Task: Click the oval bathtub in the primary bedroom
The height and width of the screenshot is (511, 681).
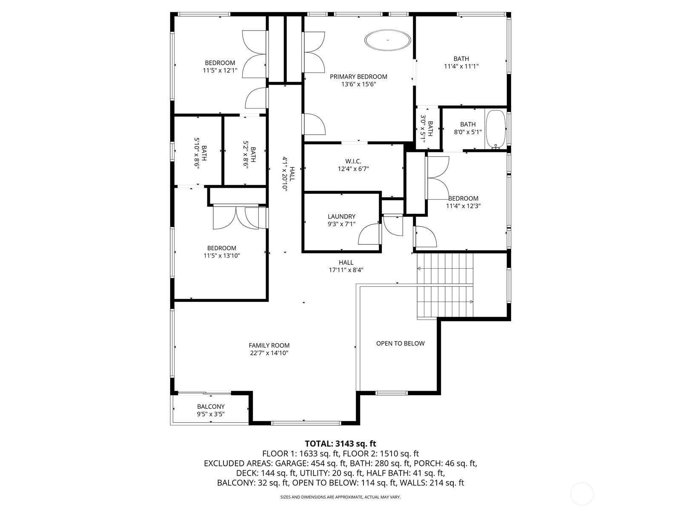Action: coord(388,40)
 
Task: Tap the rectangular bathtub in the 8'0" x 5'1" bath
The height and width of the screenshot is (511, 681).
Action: coord(495,129)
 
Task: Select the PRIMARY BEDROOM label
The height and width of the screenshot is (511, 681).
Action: coord(358,77)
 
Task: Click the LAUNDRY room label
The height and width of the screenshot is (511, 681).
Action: coord(341,216)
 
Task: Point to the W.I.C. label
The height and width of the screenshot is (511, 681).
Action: coord(353,161)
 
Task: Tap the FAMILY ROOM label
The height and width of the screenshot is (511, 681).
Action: coord(269,345)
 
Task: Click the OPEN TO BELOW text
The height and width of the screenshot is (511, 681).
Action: coord(400,343)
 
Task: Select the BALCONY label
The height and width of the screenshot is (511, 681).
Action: coord(211,407)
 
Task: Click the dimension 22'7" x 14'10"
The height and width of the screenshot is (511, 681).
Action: coord(269,353)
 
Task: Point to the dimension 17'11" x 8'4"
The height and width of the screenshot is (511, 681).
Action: coord(346,270)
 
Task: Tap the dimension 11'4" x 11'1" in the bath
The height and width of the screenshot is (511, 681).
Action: coord(461,66)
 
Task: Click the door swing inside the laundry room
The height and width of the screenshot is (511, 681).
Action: coord(369,234)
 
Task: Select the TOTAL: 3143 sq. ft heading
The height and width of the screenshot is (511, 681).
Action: coord(340,444)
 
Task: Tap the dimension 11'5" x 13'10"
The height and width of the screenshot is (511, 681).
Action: coord(221,255)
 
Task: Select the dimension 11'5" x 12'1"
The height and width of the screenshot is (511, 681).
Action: coord(220,70)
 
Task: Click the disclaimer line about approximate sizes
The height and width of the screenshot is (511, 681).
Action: coord(340,497)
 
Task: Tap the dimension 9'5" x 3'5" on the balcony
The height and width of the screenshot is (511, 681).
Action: coord(211,414)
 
